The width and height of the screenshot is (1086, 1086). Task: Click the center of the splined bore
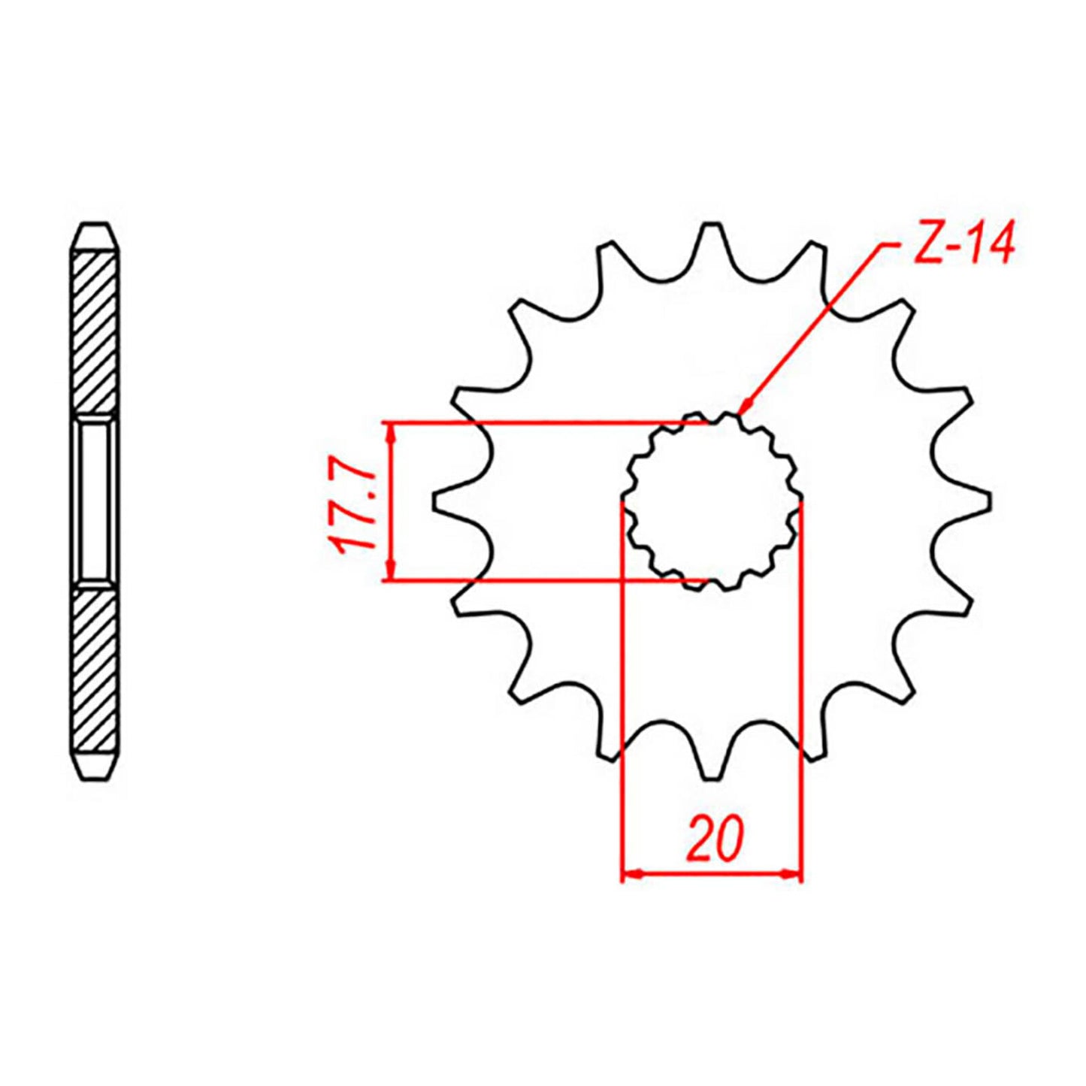click(712, 502)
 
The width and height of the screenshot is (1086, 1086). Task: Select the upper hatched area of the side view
click(94, 331)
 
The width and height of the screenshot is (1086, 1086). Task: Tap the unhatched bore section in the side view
click(94, 500)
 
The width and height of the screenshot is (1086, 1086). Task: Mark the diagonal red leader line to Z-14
click(812, 327)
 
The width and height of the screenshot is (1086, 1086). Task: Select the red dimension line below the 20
click(712, 874)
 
